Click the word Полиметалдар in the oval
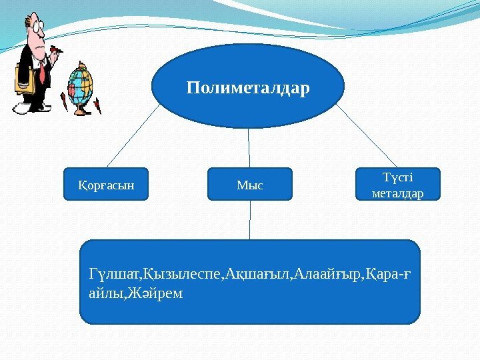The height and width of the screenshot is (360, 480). pos(248,87)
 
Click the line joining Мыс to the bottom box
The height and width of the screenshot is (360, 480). pos(251,220)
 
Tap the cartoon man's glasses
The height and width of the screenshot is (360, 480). pos(37,27)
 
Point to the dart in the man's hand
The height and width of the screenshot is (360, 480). pos(59,49)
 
